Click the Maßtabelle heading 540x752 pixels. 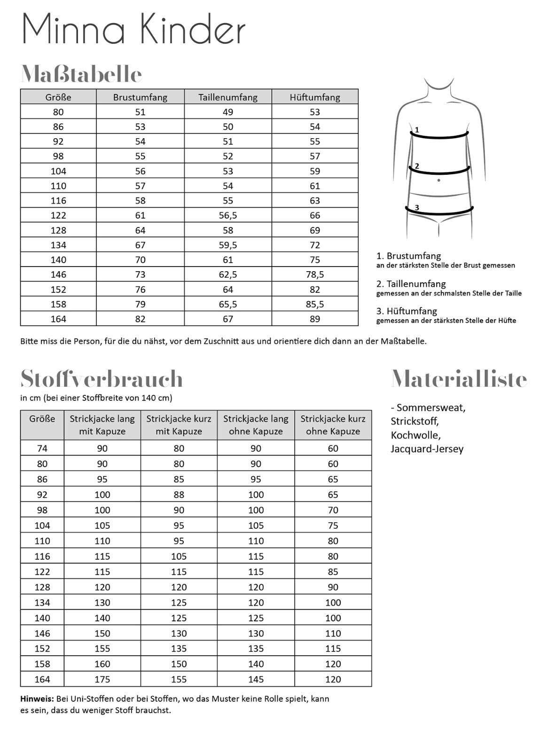[x=81, y=74]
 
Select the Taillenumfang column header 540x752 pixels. [x=228, y=97]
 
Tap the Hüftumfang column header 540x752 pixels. [x=315, y=97]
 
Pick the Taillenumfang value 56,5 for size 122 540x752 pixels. [x=228, y=215]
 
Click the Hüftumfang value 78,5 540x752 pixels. [x=315, y=274]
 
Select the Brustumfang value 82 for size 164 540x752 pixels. [x=140, y=319]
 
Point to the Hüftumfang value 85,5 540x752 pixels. [x=315, y=304]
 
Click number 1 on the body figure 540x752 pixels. [x=417, y=129]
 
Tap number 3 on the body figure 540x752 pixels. [x=417, y=207]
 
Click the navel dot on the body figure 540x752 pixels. [x=438, y=180]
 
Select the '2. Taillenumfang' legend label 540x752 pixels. [x=411, y=284]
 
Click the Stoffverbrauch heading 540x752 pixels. [x=102, y=379]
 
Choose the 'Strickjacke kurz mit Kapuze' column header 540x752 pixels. [x=179, y=424]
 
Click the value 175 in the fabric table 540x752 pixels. [x=102, y=679]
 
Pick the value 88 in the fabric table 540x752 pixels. [x=179, y=494]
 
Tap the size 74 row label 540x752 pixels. [x=42, y=448]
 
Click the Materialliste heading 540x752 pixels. [x=459, y=379]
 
